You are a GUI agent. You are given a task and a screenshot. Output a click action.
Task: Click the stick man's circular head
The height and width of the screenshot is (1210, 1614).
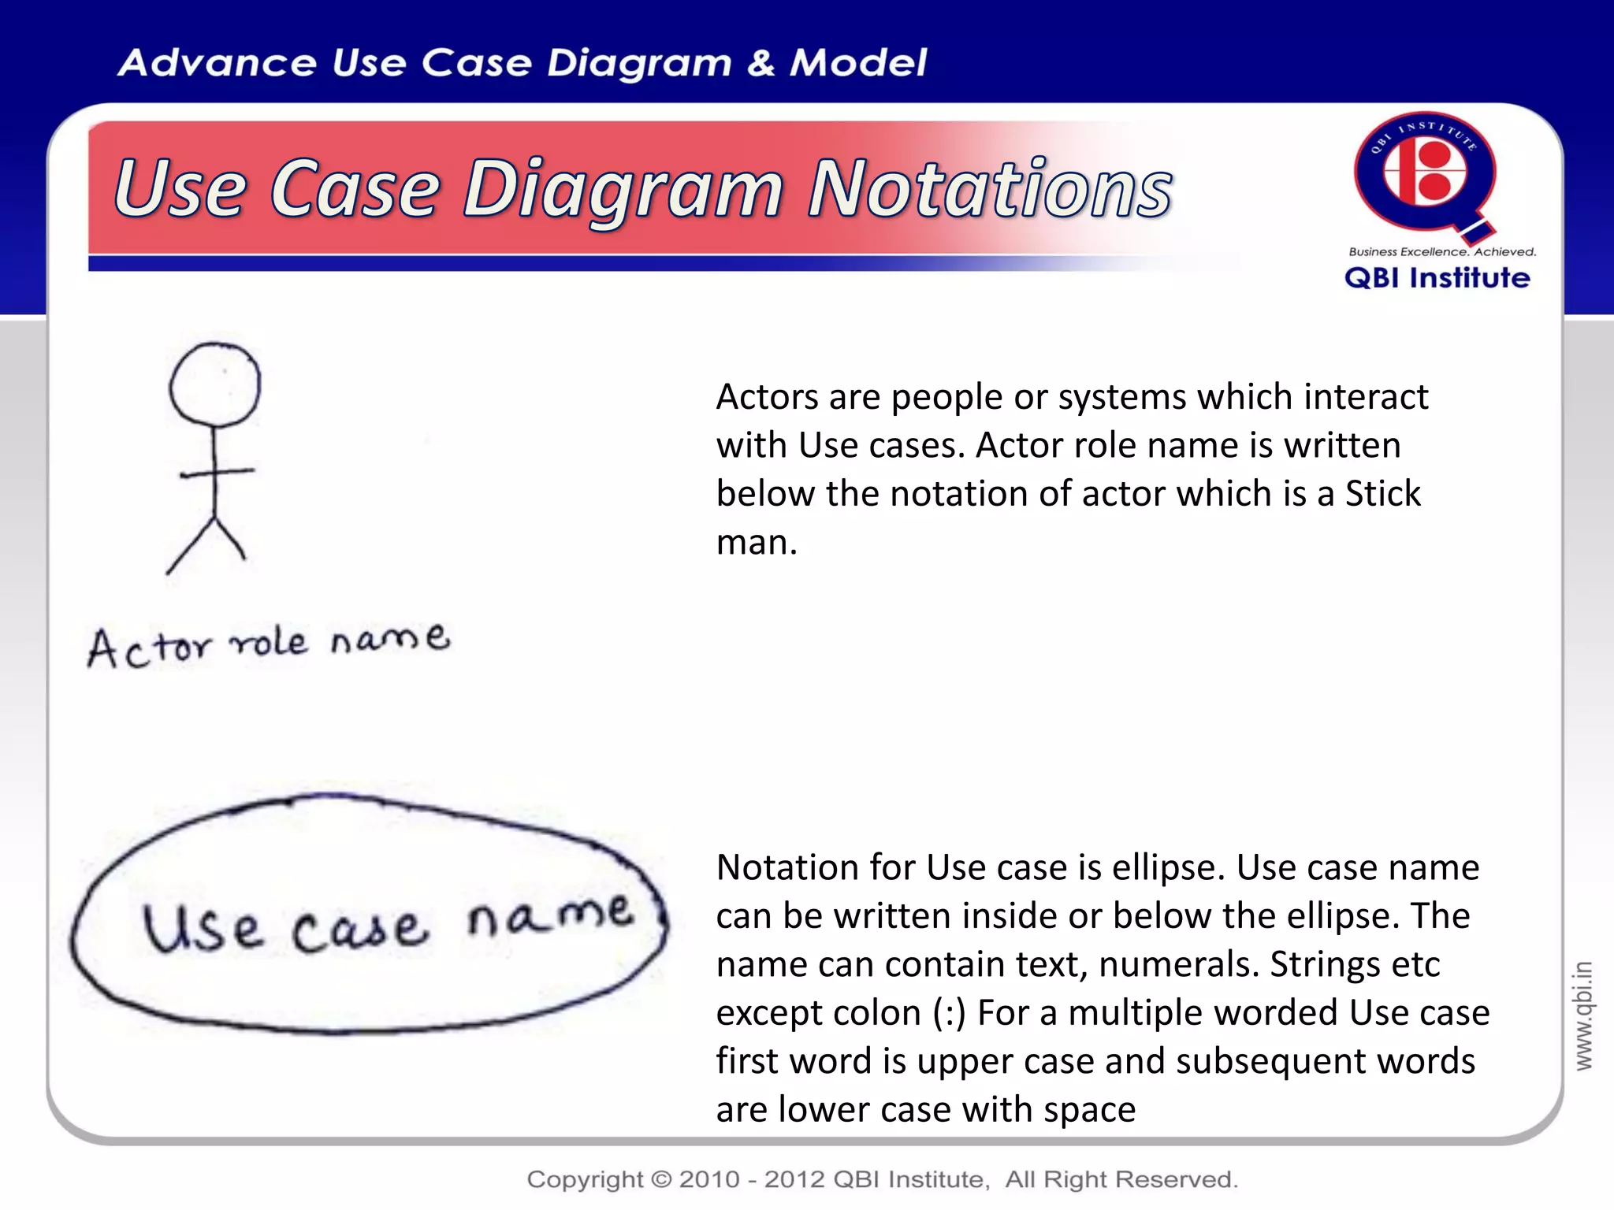tap(214, 384)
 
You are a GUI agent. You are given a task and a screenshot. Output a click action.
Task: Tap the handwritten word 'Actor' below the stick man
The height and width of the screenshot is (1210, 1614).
tap(150, 648)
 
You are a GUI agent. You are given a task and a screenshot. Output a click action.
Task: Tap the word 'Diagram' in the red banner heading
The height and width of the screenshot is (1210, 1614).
tap(623, 191)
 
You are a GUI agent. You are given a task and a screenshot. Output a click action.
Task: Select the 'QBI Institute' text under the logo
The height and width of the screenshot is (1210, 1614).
tap(1437, 278)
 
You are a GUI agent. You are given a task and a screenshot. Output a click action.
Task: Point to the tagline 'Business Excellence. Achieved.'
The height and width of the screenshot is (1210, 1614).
tap(1442, 252)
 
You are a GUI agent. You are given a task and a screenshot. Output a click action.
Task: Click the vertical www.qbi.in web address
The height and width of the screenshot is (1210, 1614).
tap(1583, 1015)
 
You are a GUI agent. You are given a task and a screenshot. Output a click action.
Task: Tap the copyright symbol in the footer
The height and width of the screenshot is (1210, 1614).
tap(661, 1179)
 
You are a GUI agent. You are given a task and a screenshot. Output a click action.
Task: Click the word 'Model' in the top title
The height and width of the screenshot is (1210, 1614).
tap(858, 63)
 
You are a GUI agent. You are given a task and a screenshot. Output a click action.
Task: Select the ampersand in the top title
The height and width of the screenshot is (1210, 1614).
tap(761, 63)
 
